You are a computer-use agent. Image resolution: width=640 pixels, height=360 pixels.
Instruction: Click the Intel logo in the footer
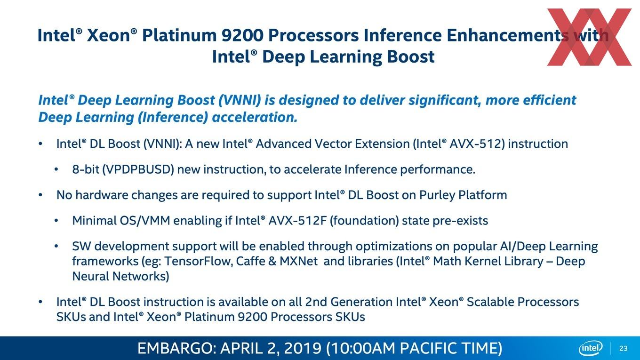pos(591,348)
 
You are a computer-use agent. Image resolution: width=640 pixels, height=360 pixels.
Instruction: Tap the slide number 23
pos(624,349)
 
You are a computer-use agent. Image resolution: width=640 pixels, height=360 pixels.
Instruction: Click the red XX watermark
pos(590,37)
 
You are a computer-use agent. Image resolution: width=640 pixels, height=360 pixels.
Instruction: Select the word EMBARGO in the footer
pos(175,348)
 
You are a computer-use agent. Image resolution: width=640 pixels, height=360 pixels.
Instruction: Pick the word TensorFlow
pos(198,261)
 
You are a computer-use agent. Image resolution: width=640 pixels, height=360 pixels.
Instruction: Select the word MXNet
pos(298,261)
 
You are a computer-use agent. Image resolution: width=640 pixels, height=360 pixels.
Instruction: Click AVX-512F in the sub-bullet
pos(297,221)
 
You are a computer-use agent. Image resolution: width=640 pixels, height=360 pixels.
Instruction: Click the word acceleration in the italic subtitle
pos(255,118)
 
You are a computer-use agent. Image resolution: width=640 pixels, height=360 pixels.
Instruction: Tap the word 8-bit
pos(86,169)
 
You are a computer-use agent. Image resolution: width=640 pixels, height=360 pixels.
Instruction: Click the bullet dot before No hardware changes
pos(40,195)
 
